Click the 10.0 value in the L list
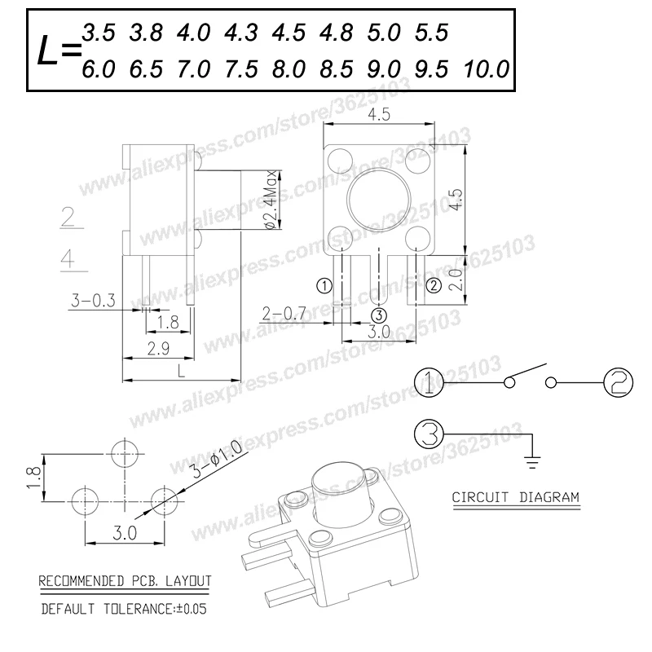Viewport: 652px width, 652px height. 486,69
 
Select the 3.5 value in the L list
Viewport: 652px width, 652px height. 99,33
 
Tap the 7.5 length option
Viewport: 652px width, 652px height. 241,69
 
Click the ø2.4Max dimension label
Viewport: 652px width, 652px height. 271,200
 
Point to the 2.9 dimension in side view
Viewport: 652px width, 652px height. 158,349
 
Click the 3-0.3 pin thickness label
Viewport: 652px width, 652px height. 93,300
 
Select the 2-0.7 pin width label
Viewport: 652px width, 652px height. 284,314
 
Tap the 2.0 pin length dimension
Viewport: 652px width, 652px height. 456,280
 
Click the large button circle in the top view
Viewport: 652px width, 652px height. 379,168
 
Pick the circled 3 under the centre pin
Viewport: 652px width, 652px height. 379,315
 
